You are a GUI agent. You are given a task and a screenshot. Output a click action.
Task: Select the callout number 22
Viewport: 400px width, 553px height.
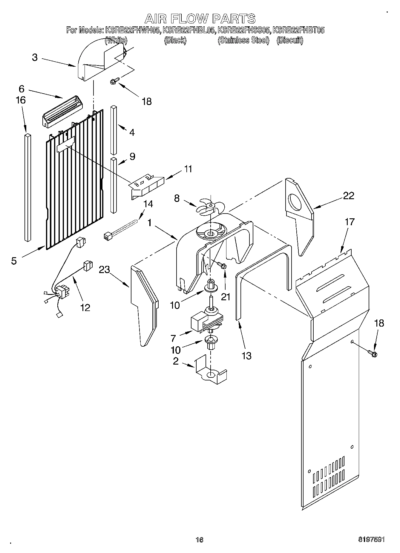click(348, 196)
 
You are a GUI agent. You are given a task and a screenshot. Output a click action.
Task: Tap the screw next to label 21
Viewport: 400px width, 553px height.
click(221, 265)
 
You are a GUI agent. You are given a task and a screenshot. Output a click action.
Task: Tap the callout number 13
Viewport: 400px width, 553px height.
click(247, 356)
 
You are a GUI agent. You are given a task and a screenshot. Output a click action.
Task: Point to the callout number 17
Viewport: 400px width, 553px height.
click(350, 222)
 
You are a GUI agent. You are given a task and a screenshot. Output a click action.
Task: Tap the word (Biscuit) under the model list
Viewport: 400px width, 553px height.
click(289, 40)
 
